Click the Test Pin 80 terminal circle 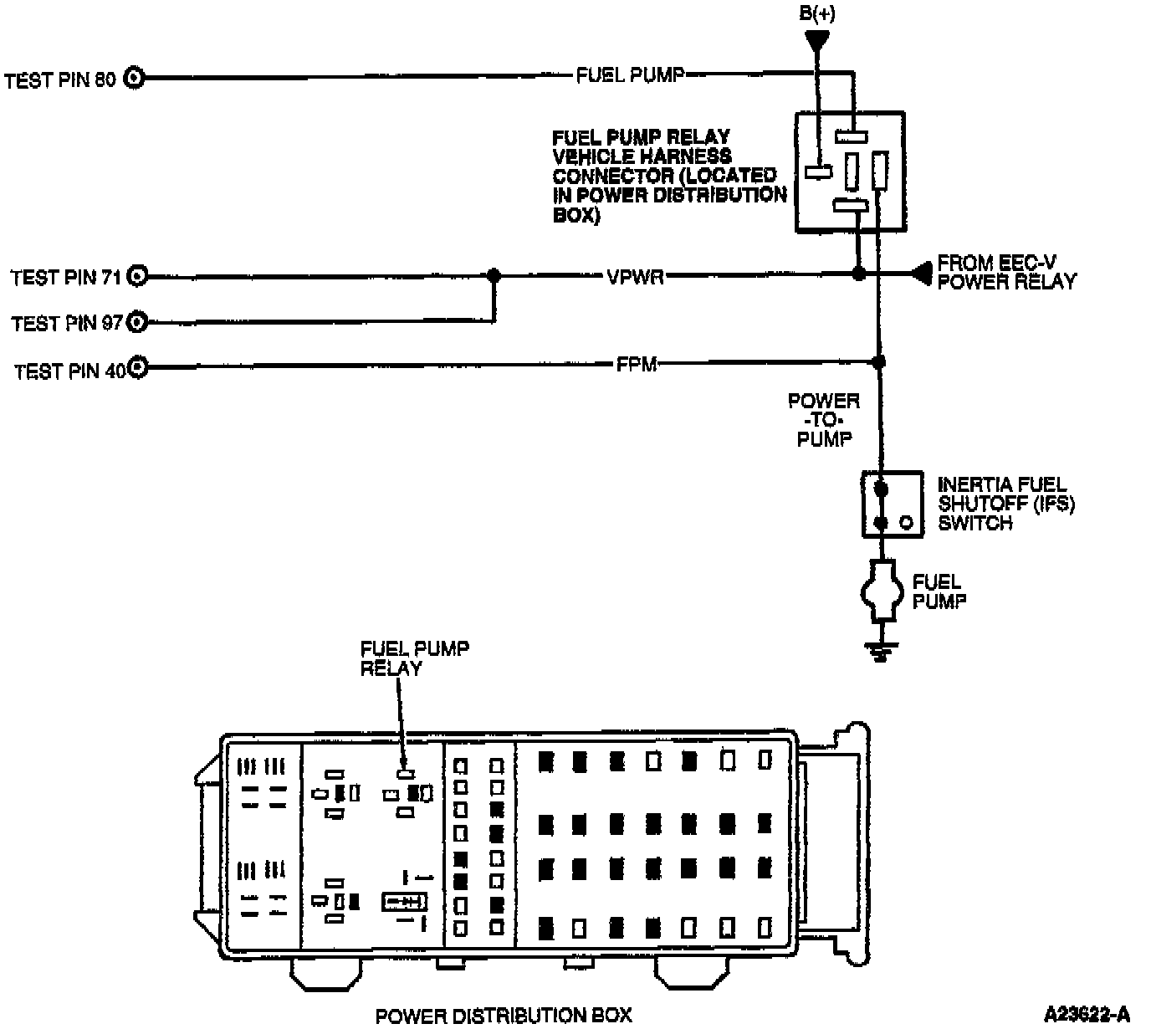point(135,79)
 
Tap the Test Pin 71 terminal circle point(138,275)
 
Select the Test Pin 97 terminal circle point(138,321)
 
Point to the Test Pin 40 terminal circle point(138,367)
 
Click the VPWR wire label point(636,276)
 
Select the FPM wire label point(636,364)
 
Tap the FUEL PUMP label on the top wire point(630,75)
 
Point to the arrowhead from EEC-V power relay point(921,273)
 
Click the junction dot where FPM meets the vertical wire point(878,362)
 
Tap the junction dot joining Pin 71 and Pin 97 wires point(494,275)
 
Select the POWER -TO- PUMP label point(824,420)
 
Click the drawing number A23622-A point(1087,1015)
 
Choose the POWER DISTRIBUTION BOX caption point(504,1016)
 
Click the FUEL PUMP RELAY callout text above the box point(414,658)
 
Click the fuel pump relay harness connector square point(849,171)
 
